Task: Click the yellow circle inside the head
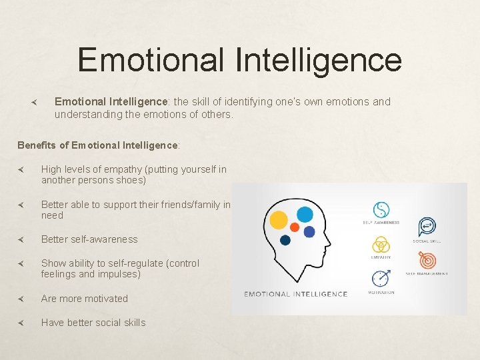click(x=279, y=219)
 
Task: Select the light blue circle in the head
click(x=305, y=214)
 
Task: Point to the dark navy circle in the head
click(x=285, y=240)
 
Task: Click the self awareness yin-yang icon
click(x=381, y=210)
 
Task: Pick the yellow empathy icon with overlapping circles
click(x=381, y=245)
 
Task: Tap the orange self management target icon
click(x=426, y=261)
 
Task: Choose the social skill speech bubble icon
click(x=426, y=227)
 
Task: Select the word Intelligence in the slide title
click(x=318, y=59)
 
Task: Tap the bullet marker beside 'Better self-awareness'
click(x=21, y=239)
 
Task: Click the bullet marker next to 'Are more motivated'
click(x=21, y=299)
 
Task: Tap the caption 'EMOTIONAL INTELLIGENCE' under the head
click(x=295, y=294)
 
